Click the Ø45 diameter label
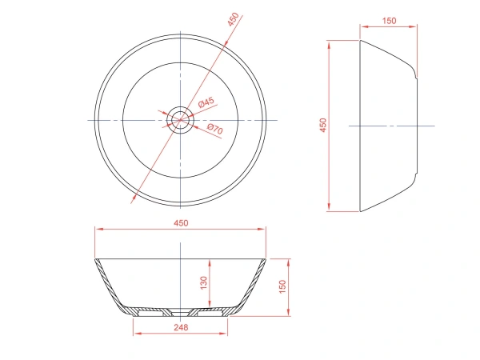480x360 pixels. [206, 102]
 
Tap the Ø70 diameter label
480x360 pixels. [215, 129]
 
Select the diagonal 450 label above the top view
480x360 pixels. [233, 19]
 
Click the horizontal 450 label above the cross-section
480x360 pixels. [181, 223]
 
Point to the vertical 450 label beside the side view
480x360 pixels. [323, 126]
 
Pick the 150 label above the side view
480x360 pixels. [389, 21]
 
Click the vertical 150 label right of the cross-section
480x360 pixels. [282, 286]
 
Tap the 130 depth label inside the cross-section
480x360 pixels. [203, 283]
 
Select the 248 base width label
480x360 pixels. [181, 327]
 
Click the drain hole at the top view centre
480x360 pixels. [180, 120]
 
